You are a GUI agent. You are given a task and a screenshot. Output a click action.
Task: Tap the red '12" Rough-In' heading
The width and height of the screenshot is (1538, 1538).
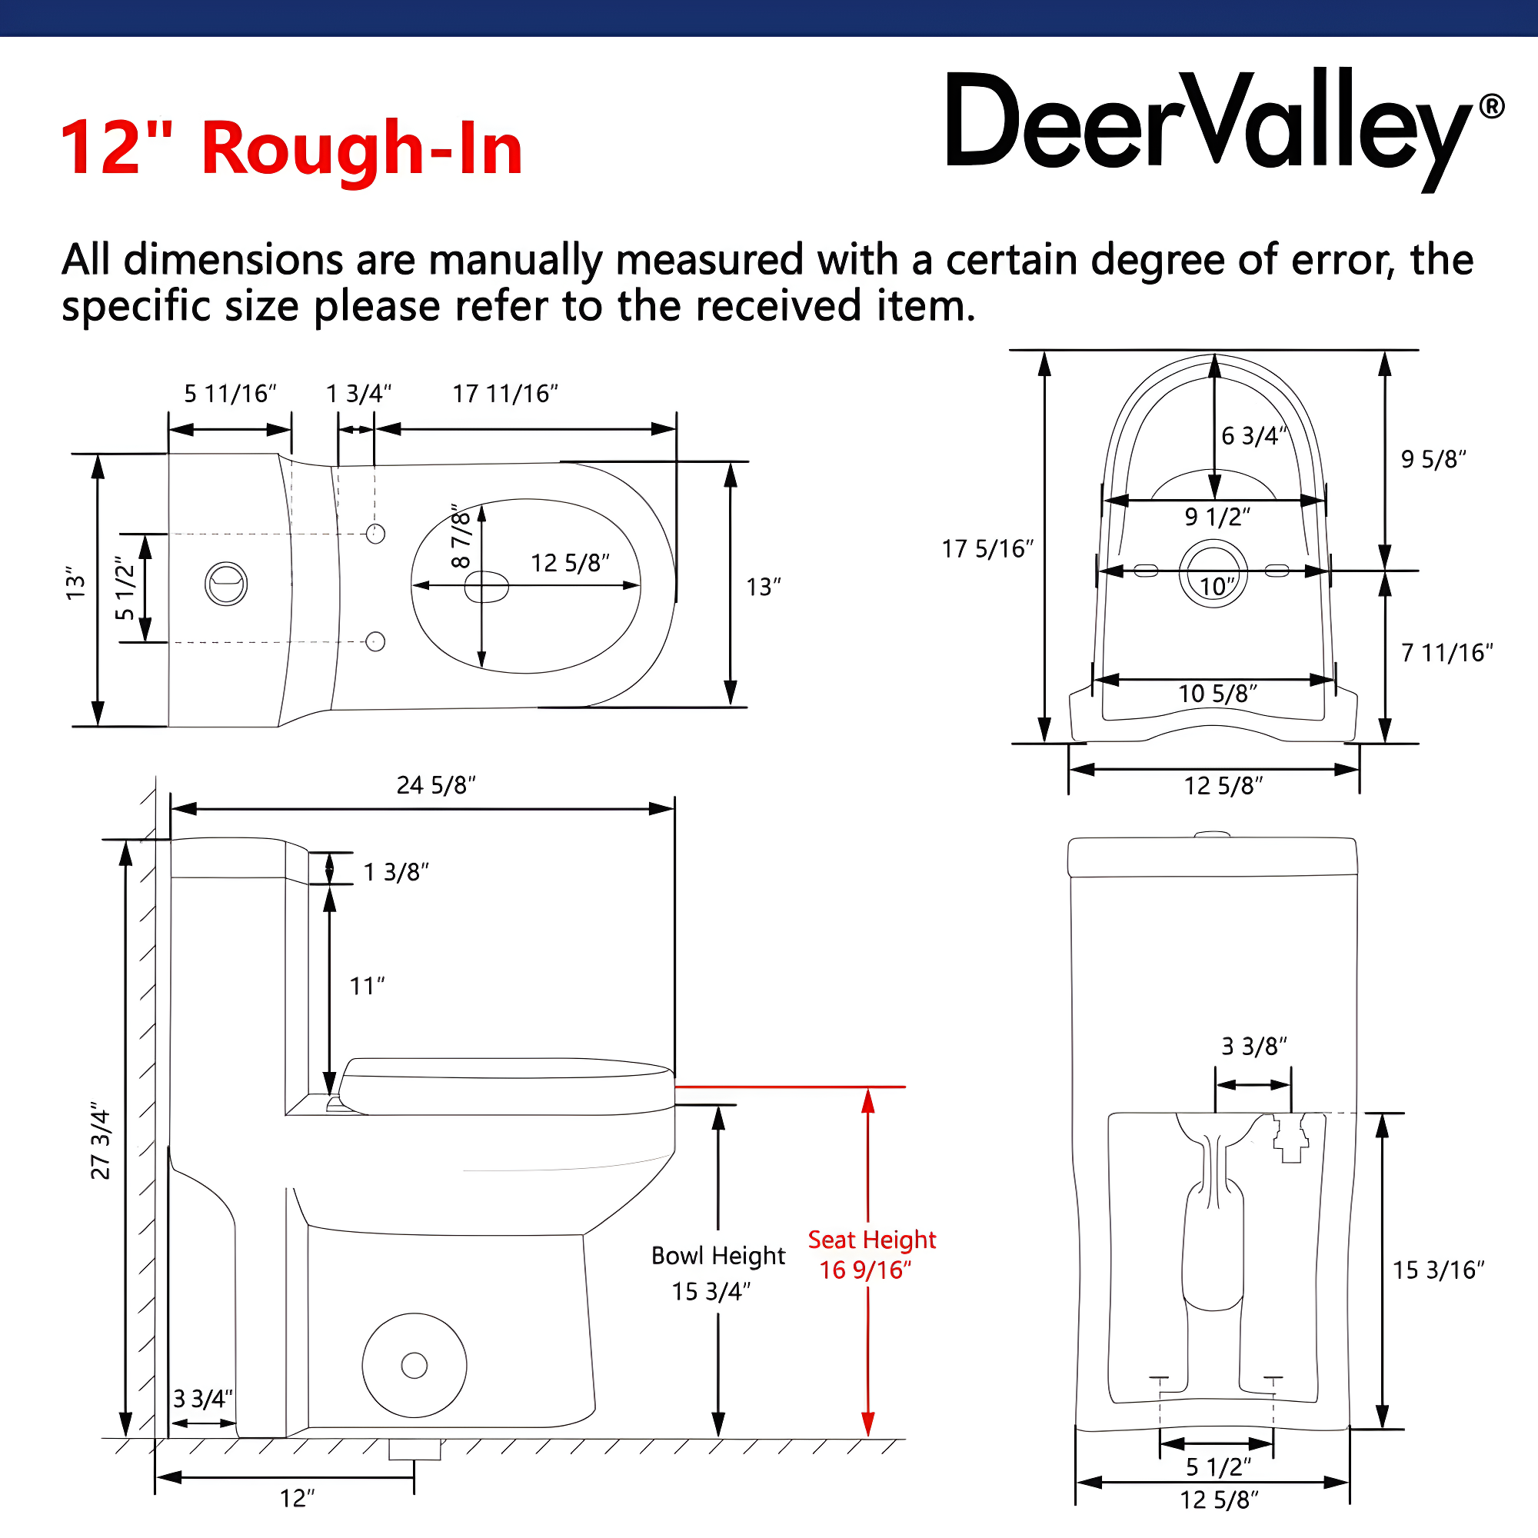coord(291,148)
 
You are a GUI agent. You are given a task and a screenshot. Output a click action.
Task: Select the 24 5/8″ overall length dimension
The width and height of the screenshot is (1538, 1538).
coord(435,785)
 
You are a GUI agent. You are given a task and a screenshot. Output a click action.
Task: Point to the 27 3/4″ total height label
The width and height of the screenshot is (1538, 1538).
coord(100,1141)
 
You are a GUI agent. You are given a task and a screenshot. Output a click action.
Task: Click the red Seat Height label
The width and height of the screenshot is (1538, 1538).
coord(872,1240)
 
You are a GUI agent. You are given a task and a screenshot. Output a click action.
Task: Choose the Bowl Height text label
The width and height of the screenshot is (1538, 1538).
coord(718,1256)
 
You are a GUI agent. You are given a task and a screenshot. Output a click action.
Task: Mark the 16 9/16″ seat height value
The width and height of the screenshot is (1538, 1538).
coord(865,1270)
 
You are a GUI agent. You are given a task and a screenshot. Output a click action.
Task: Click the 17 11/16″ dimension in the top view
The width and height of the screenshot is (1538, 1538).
coord(504,393)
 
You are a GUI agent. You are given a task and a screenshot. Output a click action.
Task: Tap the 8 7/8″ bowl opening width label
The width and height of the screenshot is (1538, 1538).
coord(461,536)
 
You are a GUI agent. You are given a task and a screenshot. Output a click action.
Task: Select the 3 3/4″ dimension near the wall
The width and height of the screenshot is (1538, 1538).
coord(203,1399)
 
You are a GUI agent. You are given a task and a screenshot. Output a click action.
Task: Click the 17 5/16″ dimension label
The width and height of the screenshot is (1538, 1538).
coord(987,548)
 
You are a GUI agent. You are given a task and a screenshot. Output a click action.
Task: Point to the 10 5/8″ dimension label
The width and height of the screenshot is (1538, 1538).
coord(1217,694)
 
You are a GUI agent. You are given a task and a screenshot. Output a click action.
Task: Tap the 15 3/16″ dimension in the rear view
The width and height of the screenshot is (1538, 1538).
coord(1438,1270)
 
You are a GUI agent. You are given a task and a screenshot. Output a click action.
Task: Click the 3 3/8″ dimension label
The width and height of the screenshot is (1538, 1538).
coord(1253,1046)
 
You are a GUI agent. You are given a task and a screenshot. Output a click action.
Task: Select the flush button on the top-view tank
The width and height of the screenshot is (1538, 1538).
coord(226,584)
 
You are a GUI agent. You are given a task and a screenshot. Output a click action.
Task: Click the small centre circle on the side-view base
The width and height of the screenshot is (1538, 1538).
coord(414,1365)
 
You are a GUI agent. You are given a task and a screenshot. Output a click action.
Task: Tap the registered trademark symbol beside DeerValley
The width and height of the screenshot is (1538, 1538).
coord(1491,107)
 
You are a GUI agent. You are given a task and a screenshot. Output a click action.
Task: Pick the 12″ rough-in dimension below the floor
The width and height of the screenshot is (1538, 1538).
coord(297,1498)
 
